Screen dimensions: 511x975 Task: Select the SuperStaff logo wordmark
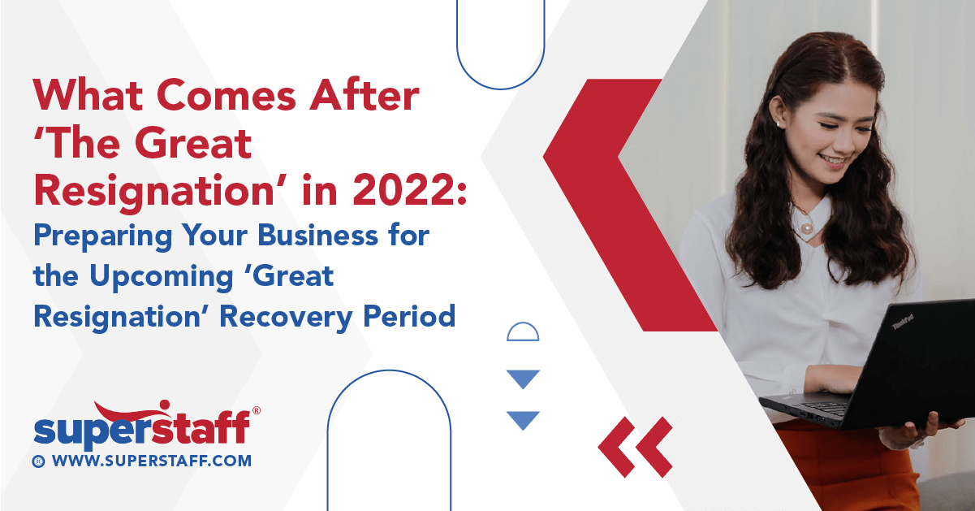(141, 429)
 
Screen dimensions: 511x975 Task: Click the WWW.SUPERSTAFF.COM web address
(152, 461)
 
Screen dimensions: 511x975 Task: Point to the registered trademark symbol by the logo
(257, 411)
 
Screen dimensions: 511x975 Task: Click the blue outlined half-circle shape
(523, 332)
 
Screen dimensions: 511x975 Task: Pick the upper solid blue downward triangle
(523, 379)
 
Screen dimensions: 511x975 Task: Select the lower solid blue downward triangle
(523, 419)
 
